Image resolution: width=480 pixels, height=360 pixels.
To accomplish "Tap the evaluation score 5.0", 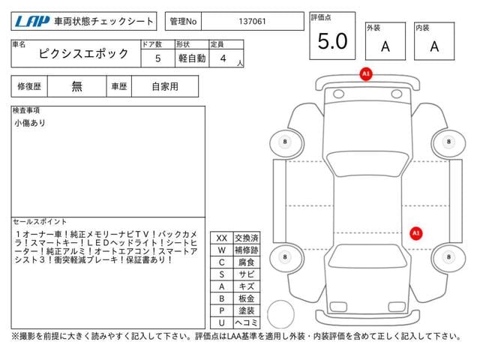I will point(332,42).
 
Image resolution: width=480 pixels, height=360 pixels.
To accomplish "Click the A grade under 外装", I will point(385,46).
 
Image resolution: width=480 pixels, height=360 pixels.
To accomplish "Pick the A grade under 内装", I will point(434,46).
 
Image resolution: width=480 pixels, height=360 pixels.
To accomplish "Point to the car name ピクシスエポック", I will point(84,55).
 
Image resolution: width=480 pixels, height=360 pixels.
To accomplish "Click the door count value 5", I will point(157,57).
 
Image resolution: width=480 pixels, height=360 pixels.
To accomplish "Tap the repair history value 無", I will point(77,86).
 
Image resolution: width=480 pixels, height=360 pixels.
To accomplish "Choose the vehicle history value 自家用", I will point(165,86).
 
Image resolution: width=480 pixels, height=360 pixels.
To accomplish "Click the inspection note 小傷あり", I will point(29,123).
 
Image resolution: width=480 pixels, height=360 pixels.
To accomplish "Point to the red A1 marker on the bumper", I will point(365,74).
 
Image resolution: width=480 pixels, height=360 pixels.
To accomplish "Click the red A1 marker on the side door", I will point(415,233).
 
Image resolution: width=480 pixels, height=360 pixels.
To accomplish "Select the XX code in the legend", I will point(221,238).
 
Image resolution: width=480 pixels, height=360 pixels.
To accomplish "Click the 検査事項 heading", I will point(26,110).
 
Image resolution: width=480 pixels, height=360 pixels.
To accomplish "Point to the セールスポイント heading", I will point(40,222).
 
